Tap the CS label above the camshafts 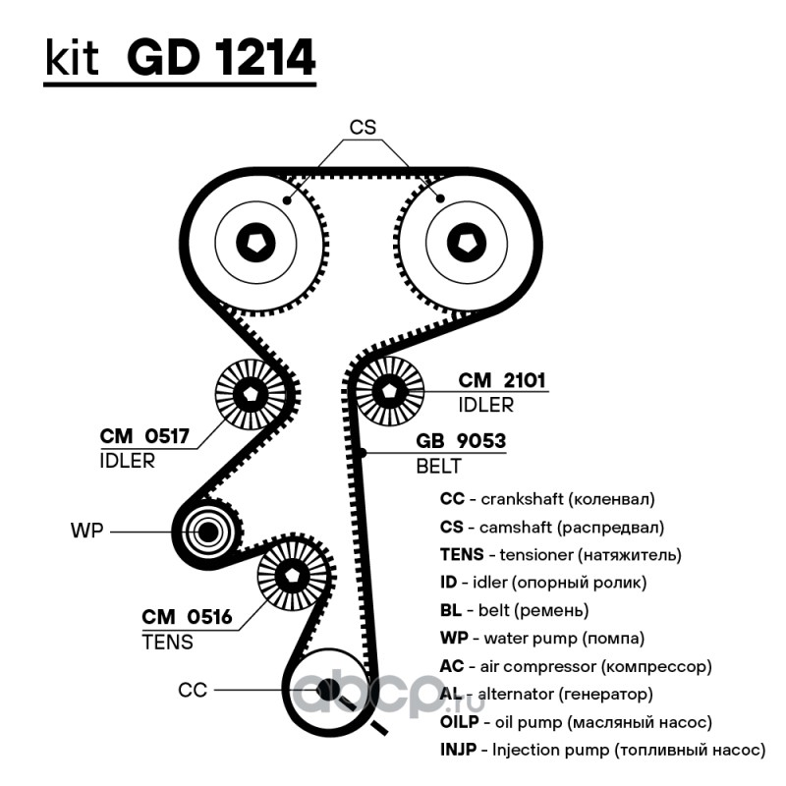(363, 128)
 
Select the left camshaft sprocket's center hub (255, 243)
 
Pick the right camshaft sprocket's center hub (466, 243)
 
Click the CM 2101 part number (502, 380)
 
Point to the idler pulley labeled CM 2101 (389, 391)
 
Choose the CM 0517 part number (144, 436)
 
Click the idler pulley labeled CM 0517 (250, 394)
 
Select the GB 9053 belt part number (461, 440)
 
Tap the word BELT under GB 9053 (438, 466)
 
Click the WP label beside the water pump (86, 531)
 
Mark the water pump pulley (207, 532)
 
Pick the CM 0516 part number (187, 617)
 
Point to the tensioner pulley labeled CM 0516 (292, 576)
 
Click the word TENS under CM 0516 (167, 643)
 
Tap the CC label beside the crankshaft (193, 691)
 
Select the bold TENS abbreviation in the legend (462, 554)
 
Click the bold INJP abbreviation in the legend (458, 750)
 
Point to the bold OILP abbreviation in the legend (460, 722)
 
